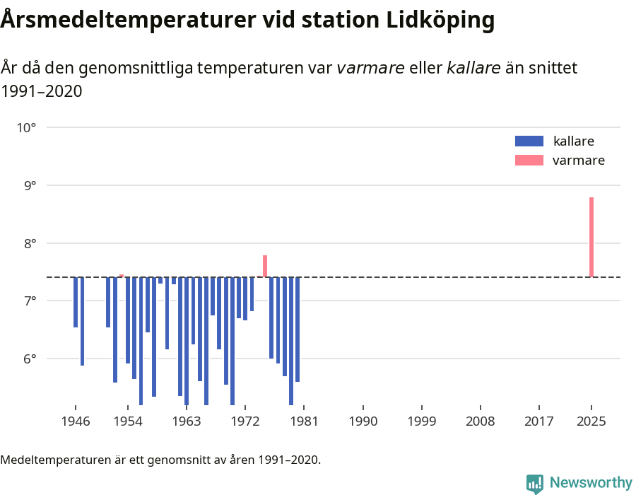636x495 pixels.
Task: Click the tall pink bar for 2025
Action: pyautogui.click(x=591, y=237)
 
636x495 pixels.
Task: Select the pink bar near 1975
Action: pyautogui.click(x=265, y=266)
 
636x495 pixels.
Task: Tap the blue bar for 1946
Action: pyautogui.click(x=76, y=302)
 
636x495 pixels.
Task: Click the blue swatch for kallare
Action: pyautogui.click(x=529, y=141)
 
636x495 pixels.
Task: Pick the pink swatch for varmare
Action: pyautogui.click(x=529, y=161)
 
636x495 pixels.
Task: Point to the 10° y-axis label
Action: pyautogui.click(x=27, y=128)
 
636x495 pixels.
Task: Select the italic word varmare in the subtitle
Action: pyautogui.click(x=370, y=68)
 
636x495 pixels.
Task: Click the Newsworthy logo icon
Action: pyautogui.click(x=535, y=483)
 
